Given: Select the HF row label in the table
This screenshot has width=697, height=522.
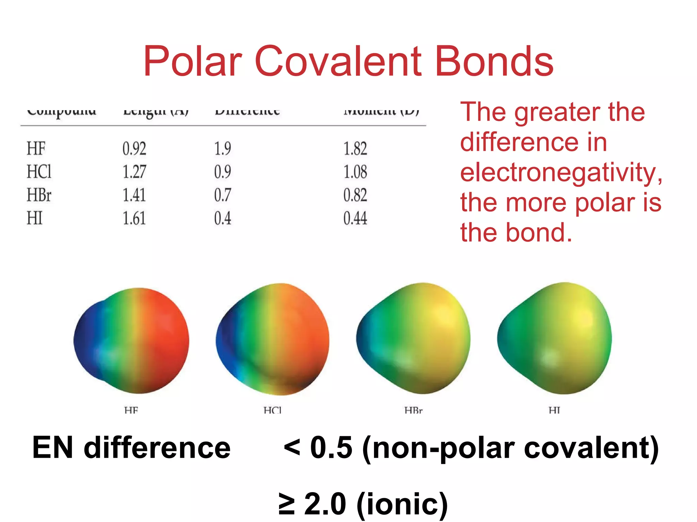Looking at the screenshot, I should [x=36, y=149].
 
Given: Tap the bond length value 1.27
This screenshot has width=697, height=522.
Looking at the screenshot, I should [x=134, y=172].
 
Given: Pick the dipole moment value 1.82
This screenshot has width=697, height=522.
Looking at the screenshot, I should [x=355, y=149].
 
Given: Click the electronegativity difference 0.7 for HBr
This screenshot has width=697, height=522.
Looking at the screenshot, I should [x=223, y=195].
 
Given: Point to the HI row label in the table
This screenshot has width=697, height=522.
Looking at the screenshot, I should [x=35, y=218].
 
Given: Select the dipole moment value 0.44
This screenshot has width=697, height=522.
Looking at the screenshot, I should [x=355, y=218].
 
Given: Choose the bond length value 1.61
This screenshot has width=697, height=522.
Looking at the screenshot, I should [x=134, y=218].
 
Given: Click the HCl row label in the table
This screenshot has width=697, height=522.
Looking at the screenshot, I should [x=39, y=172].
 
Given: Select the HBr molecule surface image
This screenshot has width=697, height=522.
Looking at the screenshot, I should [x=413, y=338].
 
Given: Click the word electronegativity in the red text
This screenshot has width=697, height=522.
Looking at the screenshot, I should [x=561, y=172].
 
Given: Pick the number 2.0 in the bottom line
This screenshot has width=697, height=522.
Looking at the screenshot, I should [x=325, y=504].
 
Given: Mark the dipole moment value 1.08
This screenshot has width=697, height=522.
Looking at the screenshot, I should [x=355, y=172].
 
